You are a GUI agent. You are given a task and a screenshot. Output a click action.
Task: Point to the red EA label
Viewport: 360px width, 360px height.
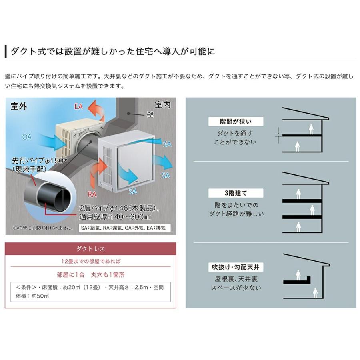(x=78, y=107)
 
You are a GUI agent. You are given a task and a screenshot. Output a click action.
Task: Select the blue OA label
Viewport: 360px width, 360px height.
(x=27, y=137)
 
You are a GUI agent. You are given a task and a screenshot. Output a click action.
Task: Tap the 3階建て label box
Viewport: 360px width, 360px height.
(x=230, y=193)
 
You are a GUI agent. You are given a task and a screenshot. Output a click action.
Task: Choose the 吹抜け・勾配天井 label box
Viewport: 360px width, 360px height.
(x=230, y=267)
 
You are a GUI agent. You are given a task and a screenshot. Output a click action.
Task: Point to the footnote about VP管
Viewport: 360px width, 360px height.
(x=38, y=228)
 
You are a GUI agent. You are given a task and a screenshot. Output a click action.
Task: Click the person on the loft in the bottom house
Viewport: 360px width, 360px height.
(x=298, y=275)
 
